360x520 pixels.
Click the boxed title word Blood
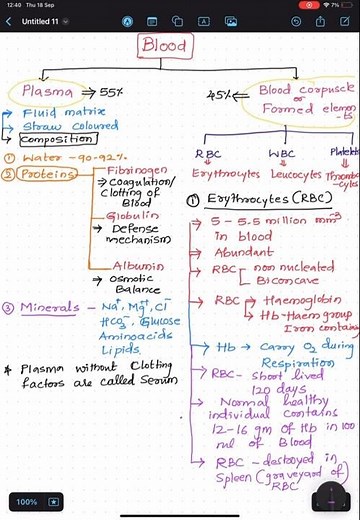click(165, 46)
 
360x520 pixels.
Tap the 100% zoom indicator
click(27, 500)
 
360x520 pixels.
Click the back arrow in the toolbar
click(11, 20)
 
